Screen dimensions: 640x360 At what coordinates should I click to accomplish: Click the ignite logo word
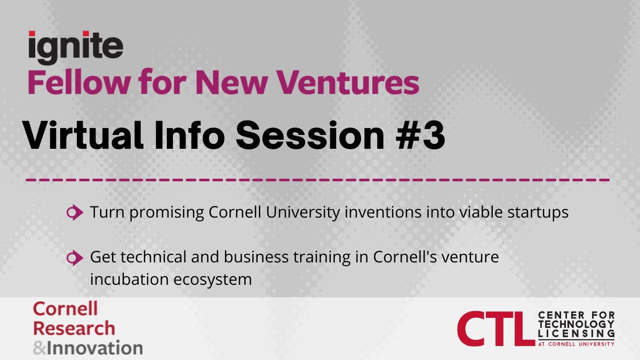click(x=76, y=47)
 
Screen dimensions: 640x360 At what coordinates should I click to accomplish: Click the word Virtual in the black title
click(x=83, y=135)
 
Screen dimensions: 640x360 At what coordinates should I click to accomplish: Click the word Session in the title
click(x=310, y=135)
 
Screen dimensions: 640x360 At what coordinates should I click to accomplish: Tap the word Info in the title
click(x=190, y=135)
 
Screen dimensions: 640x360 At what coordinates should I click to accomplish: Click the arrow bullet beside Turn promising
click(x=75, y=212)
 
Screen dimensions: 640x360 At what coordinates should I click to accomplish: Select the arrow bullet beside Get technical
click(x=75, y=258)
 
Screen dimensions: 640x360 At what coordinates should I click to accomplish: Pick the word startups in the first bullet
click(x=538, y=213)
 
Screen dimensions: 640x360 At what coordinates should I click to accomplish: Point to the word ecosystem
click(x=213, y=279)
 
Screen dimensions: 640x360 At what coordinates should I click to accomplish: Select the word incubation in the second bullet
click(x=130, y=278)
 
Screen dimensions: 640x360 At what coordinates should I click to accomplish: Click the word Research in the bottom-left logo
click(x=74, y=328)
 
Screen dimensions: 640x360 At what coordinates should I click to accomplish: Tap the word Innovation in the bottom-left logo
click(x=95, y=348)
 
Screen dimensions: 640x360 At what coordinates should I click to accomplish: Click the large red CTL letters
click(x=496, y=329)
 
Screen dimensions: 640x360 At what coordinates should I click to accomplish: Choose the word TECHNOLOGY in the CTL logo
click(x=576, y=324)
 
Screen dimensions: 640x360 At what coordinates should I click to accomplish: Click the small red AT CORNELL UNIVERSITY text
click(x=576, y=344)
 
